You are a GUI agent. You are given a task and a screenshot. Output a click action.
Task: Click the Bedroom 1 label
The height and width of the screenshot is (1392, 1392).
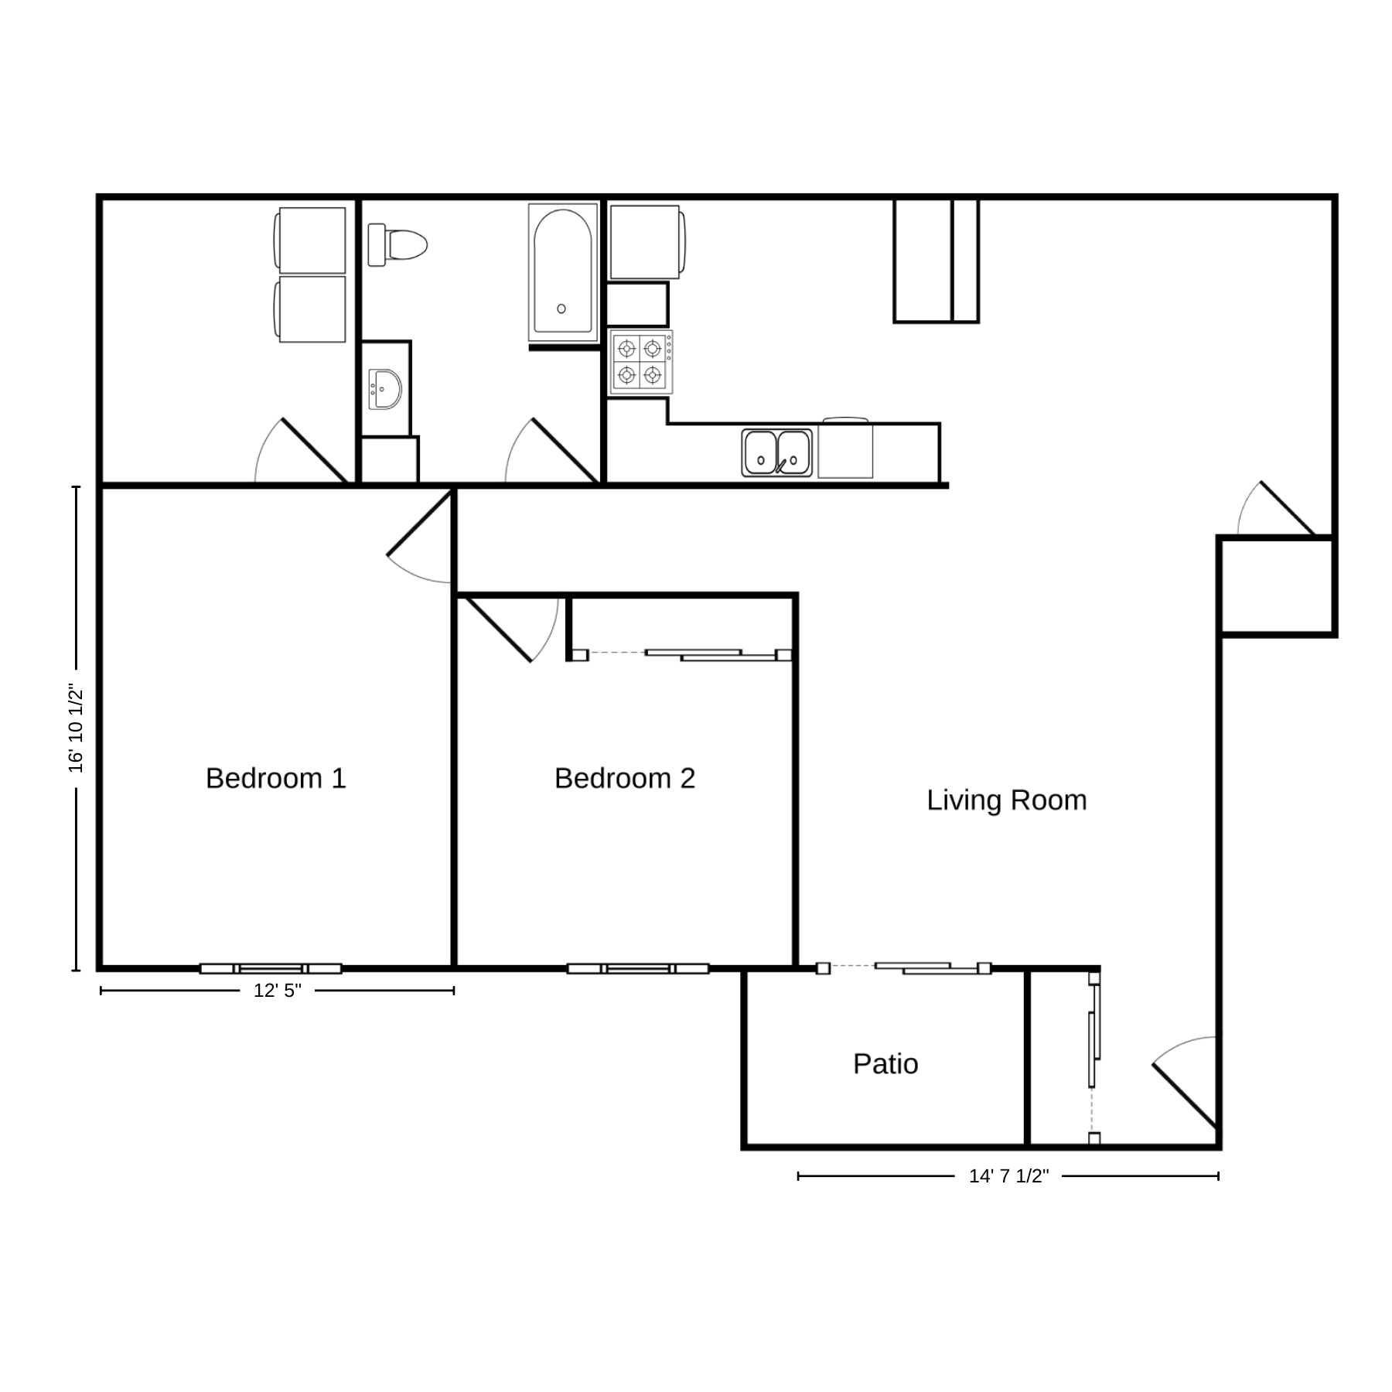pos(276,778)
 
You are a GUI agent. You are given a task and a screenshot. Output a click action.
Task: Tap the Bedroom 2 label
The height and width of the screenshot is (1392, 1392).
pos(625,778)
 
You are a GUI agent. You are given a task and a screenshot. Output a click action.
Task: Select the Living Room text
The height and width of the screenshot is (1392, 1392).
pos(1007,800)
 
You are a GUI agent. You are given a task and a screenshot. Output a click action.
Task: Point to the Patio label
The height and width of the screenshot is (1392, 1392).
pos(885,1064)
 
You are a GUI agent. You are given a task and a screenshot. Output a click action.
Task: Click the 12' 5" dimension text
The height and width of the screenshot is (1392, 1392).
pos(278,991)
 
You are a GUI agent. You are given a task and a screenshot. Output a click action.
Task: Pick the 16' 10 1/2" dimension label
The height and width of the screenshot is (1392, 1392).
pos(76,728)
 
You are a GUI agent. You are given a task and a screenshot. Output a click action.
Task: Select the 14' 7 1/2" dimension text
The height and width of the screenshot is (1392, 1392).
pos(1009,1176)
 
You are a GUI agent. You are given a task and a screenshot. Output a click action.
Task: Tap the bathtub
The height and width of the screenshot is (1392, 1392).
pos(563,272)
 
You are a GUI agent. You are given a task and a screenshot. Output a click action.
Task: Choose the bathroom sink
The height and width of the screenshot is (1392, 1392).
pos(384,388)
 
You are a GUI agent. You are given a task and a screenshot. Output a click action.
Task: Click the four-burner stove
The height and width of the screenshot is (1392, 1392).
pos(640,363)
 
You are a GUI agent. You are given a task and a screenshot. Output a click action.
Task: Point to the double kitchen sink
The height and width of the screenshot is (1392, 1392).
pos(777,452)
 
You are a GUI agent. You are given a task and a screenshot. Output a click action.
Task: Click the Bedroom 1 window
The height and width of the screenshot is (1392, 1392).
pos(271,968)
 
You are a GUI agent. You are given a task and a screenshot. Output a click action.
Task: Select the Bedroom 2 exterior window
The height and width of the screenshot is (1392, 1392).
pos(638,968)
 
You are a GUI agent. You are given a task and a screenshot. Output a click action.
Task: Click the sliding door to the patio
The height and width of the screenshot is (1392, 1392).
pos(904,967)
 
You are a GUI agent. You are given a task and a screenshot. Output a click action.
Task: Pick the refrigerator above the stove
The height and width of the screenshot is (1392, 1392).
pos(647,242)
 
